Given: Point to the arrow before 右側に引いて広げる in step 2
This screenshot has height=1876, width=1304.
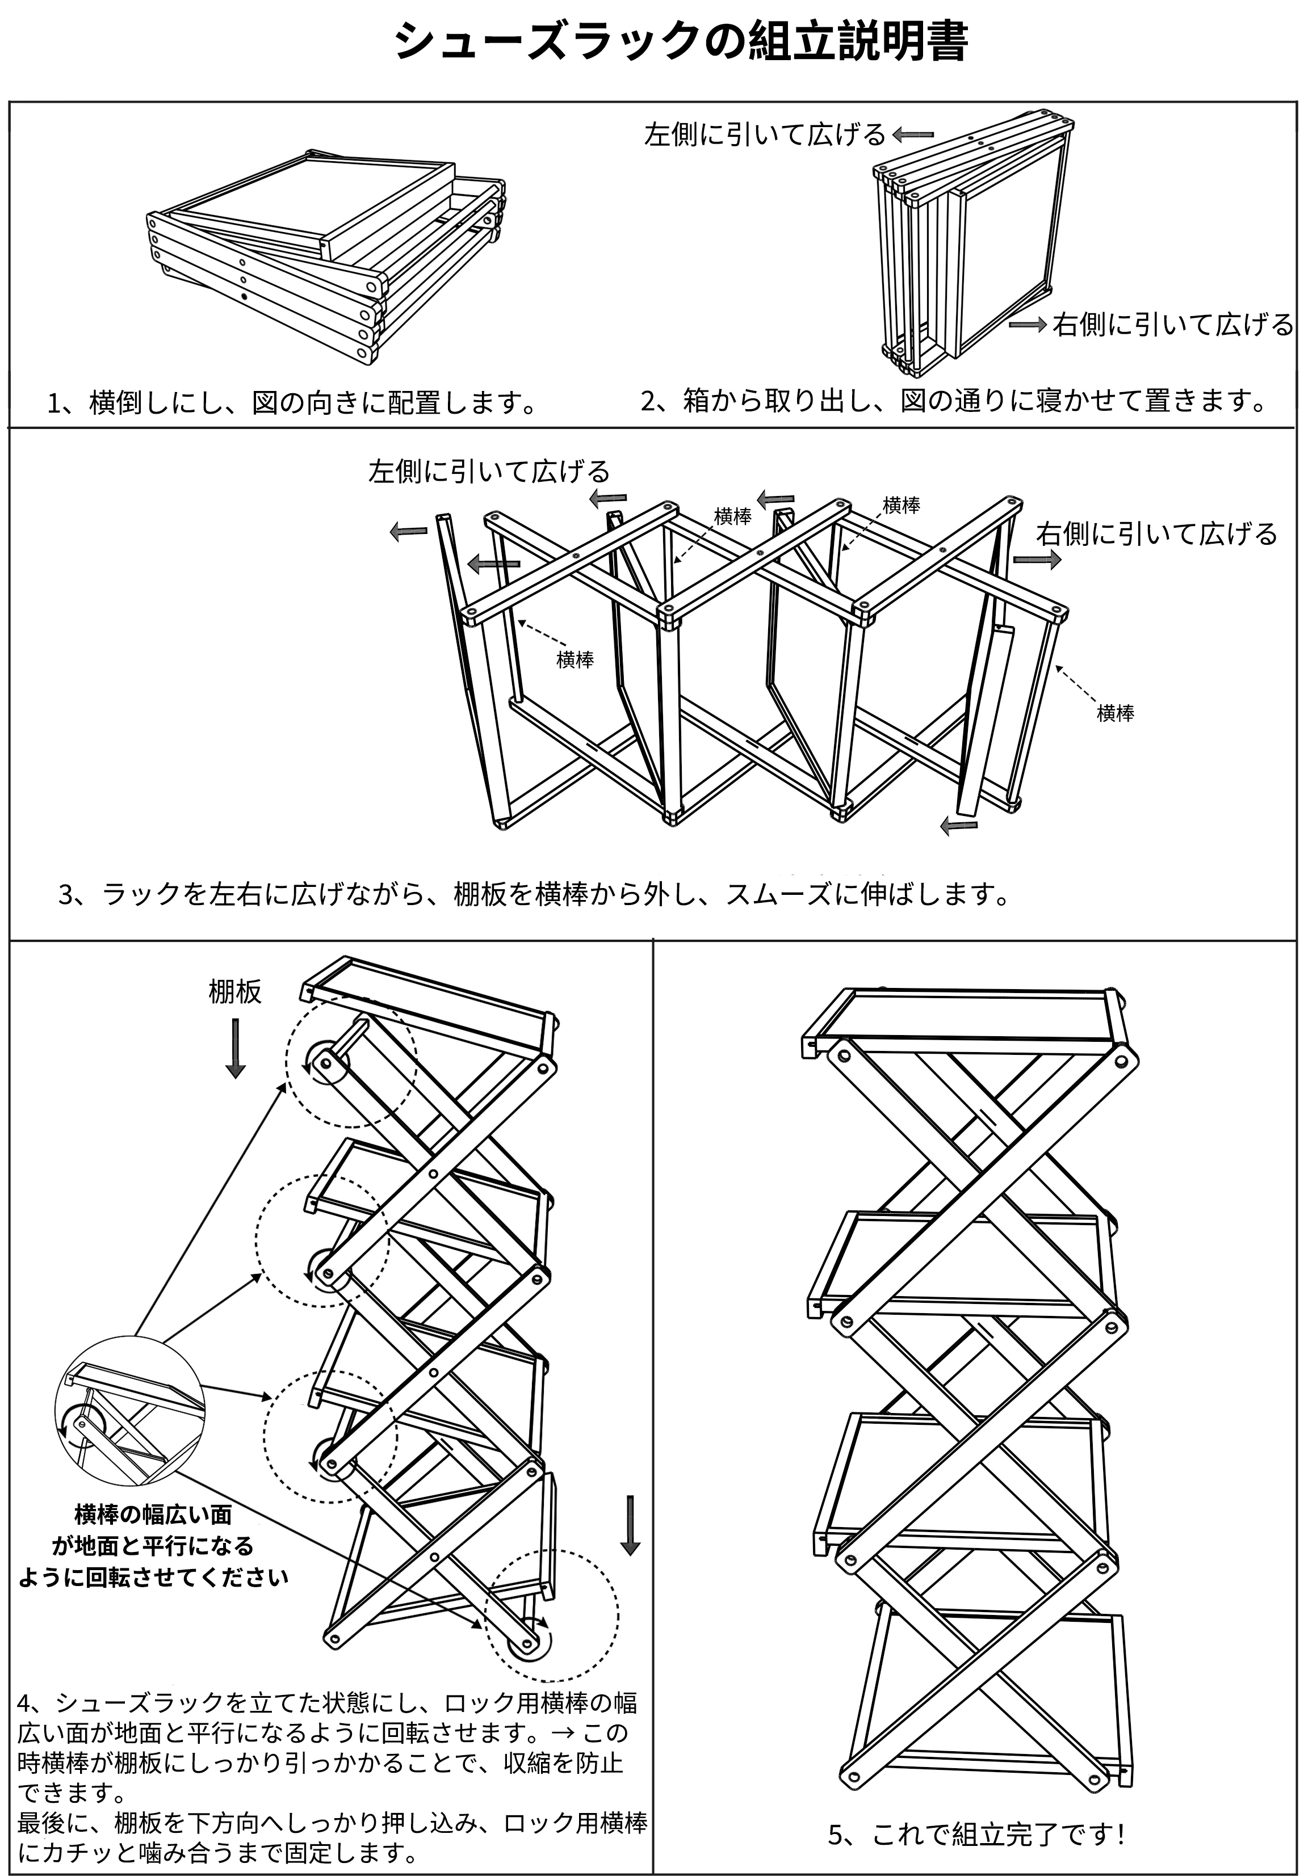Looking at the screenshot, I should [x=1028, y=325].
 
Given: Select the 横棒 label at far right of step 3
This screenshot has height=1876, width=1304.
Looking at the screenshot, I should [x=1116, y=713].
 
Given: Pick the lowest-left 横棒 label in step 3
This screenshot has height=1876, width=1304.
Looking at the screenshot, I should [x=575, y=660].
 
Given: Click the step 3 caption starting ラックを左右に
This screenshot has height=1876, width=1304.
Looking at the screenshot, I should [x=535, y=894].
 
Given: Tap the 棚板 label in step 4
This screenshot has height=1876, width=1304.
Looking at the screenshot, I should [x=235, y=991].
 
